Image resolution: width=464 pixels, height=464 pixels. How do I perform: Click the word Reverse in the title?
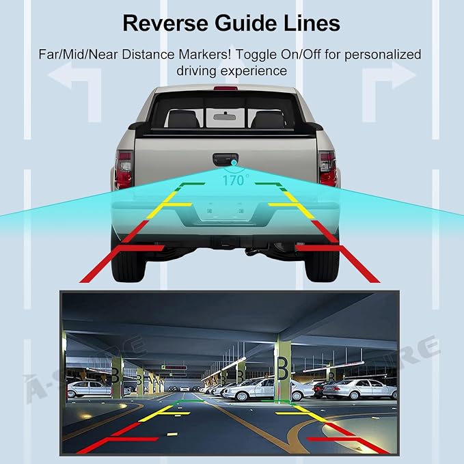165,23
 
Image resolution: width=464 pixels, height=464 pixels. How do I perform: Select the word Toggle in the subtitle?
256,55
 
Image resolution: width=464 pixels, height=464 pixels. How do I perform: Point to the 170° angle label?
236,180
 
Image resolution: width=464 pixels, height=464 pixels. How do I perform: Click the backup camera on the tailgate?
234,163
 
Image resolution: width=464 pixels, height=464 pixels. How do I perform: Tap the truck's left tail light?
124,169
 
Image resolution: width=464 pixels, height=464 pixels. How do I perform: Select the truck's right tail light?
327,169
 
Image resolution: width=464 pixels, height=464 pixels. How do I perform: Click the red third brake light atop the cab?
226,88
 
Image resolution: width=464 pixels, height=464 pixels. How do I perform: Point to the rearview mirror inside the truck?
225,117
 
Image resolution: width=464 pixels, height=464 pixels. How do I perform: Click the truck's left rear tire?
128,265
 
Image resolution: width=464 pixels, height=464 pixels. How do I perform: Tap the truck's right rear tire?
322,265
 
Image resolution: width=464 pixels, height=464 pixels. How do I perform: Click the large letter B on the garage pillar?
282,368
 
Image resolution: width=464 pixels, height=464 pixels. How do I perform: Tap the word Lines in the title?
312,23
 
